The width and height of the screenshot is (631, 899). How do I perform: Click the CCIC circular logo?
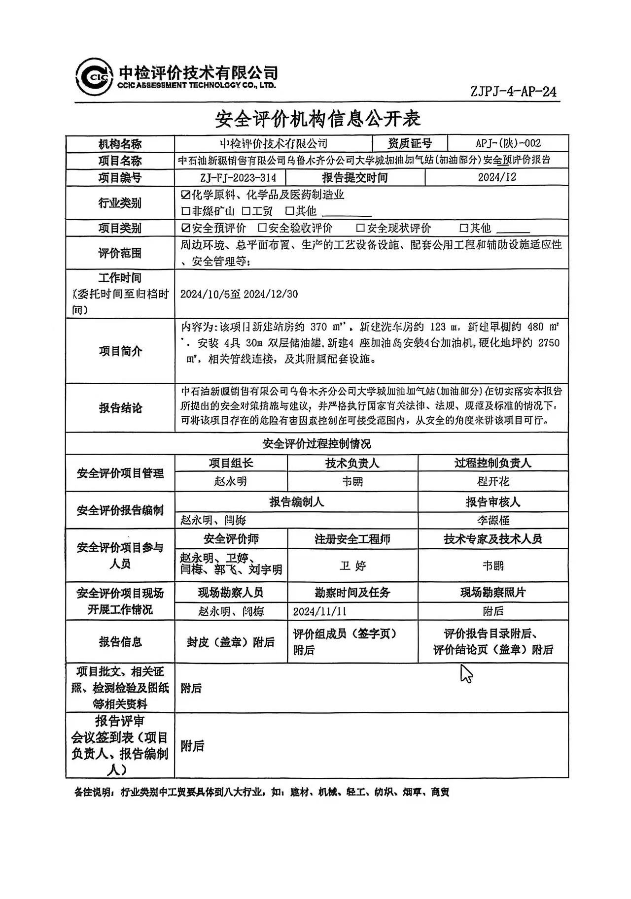94,77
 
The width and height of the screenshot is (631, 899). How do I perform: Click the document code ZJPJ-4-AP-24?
513,92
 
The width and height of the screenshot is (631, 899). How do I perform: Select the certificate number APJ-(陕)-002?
508,143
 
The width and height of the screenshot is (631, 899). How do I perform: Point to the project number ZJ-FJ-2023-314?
231,178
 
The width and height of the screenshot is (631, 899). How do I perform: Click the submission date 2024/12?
496,177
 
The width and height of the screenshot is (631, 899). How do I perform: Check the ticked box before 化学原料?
185,195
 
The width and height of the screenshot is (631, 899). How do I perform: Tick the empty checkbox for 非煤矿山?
185,212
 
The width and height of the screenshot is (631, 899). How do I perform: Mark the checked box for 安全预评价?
185,228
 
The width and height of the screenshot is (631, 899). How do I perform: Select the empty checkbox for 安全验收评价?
262,228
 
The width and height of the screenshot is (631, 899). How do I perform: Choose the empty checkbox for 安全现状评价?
360,228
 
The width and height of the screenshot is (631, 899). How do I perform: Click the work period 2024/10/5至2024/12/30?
239,294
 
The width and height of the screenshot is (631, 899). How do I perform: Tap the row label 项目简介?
120,351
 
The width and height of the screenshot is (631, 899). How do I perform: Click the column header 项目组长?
231,463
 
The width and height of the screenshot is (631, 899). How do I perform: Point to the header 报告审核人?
492,502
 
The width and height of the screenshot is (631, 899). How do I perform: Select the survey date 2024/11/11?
319,611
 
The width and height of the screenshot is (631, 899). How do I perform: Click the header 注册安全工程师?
352,539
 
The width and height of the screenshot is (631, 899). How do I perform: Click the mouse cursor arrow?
466,673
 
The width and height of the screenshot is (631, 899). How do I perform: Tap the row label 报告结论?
120,408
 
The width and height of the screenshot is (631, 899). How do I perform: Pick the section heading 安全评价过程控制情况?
316,444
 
